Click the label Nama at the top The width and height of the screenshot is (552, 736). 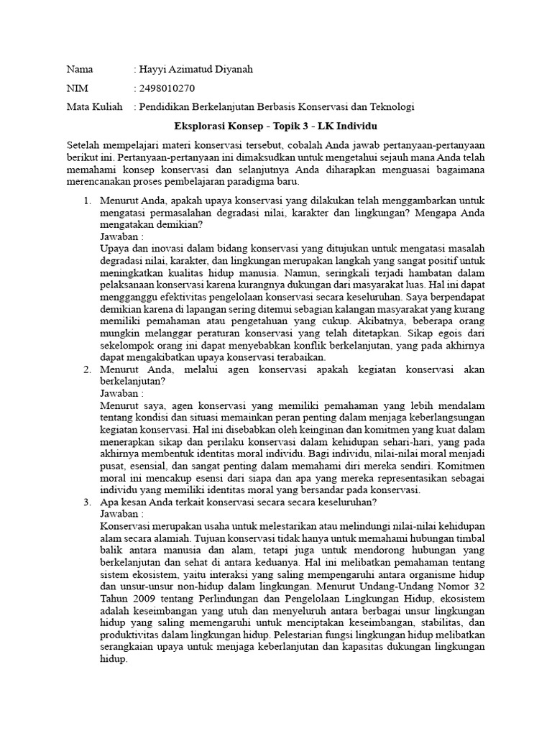click(x=80, y=70)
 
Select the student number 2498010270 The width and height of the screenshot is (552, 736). click(x=167, y=88)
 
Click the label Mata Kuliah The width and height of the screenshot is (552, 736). click(x=94, y=107)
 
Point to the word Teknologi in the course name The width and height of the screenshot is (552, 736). click(x=391, y=107)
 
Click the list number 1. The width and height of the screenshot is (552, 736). click(x=87, y=203)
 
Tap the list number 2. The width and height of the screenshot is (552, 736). click(x=87, y=369)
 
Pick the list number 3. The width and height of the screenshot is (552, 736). click(x=87, y=502)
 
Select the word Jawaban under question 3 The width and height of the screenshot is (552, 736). click(x=120, y=515)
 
